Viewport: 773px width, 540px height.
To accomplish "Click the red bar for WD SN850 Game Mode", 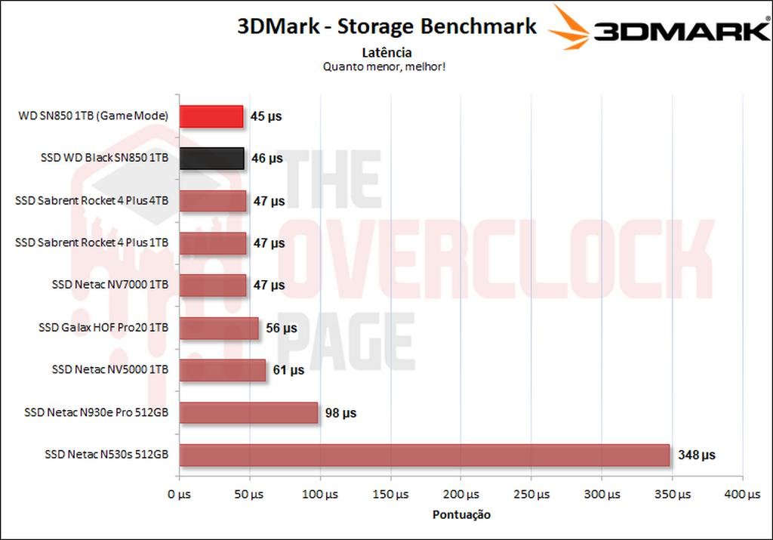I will click(211, 116).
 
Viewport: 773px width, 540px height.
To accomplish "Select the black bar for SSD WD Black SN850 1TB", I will click(211, 159).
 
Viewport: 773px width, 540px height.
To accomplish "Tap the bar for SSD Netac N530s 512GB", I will click(424, 455).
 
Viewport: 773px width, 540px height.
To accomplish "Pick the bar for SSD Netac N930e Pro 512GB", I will click(248, 413).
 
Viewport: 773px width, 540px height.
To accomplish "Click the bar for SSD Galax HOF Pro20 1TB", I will click(219, 329).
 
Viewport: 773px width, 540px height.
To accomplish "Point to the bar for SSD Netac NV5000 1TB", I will click(222, 371).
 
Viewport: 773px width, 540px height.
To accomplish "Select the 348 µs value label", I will click(695, 455).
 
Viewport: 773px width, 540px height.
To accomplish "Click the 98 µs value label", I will click(340, 413).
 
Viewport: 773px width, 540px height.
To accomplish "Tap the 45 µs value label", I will click(266, 116).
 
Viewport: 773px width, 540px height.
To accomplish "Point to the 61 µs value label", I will click(288, 371).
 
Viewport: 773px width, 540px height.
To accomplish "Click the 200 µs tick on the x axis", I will click(461, 495).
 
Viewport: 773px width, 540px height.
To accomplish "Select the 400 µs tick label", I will click(743, 495).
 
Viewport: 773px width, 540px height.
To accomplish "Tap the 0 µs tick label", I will click(180, 495).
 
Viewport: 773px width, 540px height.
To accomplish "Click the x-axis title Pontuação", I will click(461, 515).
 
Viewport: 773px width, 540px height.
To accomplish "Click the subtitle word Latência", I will click(386, 52).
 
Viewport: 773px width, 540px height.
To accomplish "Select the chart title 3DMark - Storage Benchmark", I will click(386, 26).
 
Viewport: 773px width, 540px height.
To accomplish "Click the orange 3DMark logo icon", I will click(568, 28).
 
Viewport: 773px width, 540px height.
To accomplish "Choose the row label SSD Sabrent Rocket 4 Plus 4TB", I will click(91, 201).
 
